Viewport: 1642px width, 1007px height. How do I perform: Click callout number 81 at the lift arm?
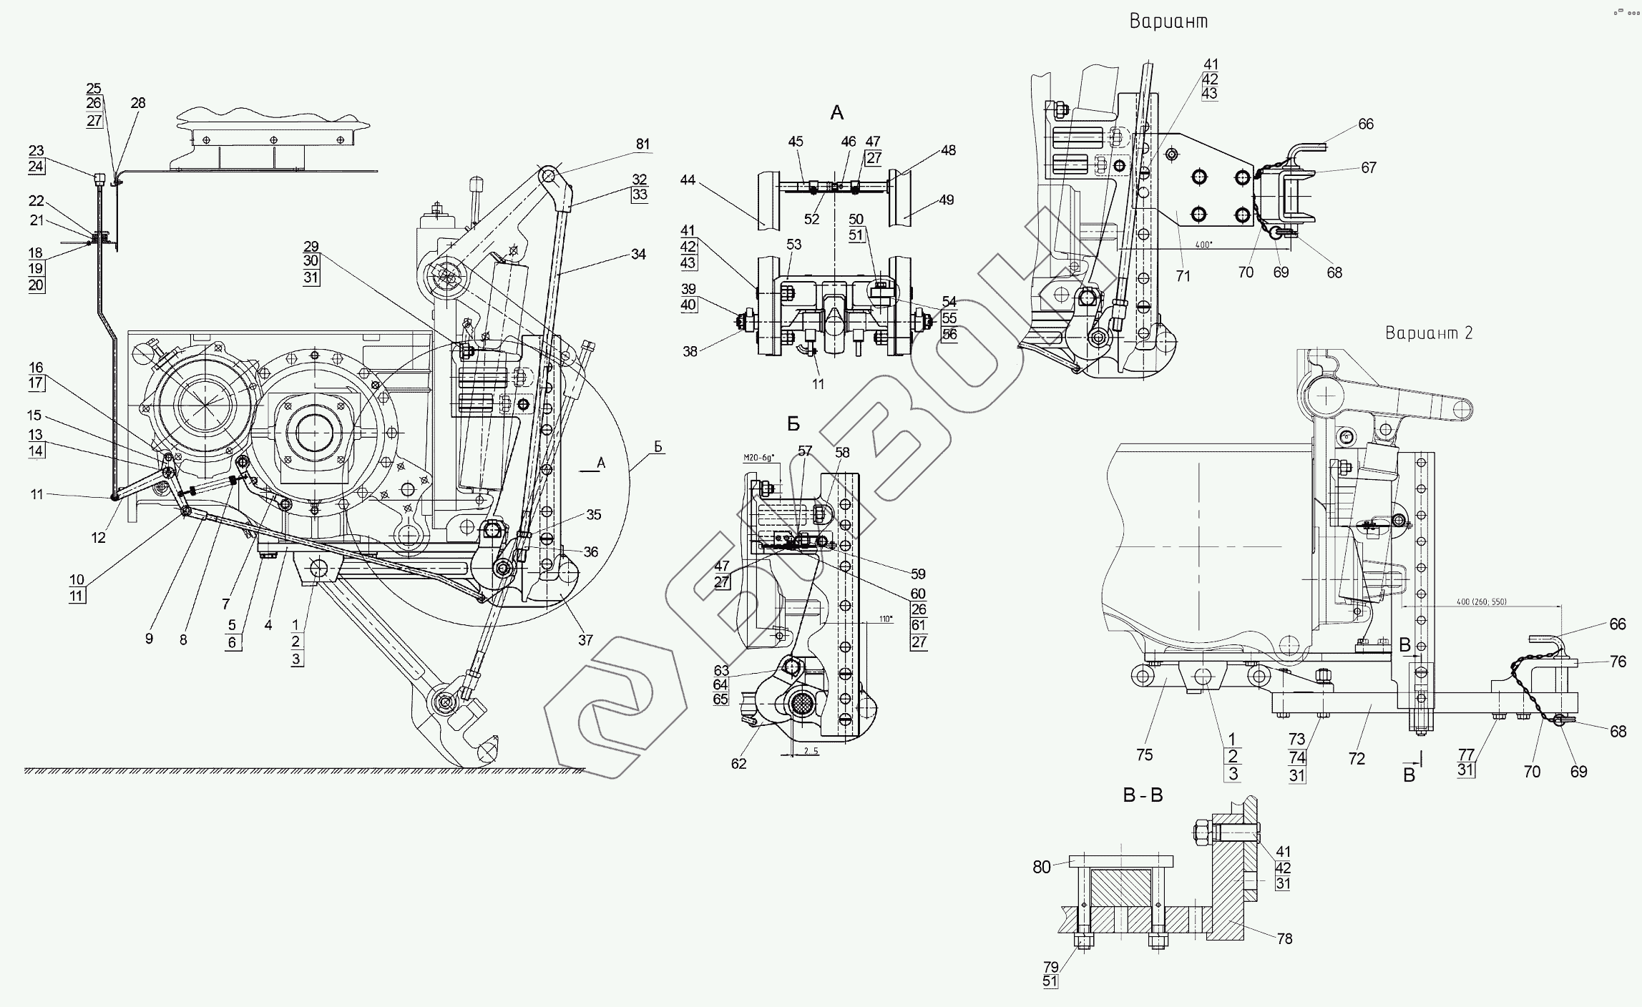pyautogui.click(x=642, y=144)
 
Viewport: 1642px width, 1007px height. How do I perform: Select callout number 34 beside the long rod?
pyautogui.click(x=638, y=254)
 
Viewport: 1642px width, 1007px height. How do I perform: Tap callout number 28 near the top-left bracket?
pyautogui.click(x=138, y=103)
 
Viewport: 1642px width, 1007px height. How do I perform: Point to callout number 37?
pyautogui.click(x=585, y=640)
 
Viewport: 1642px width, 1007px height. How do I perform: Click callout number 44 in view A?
pyautogui.click(x=688, y=180)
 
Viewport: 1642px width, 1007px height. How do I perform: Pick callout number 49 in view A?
pyautogui.click(x=947, y=200)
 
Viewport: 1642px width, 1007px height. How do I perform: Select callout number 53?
pyautogui.click(x=793, y=245)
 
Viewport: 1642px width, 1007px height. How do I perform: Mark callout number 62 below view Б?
pyautogui.click(x=738, y=764)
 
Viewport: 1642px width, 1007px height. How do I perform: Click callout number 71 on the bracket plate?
pyautogui.click(x=1183, y=275)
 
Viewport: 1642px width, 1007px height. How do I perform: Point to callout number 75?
pyautogui.click(x=1144, y=755)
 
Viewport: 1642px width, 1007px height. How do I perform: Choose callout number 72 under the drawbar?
pyautogui.click(x=1357, y=759)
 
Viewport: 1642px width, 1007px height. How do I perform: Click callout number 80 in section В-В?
pyautogui.click(x=1042, y=868)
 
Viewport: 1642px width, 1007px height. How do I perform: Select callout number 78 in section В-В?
pyautogui.click(x=1285, y=938)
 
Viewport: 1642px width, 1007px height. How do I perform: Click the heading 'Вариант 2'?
pyautogui.click(x=1429, y=333)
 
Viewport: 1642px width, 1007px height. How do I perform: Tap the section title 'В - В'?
pyautogui.click(x=1143, y=795)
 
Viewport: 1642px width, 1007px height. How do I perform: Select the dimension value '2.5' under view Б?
pyautogui.click(x=810, y=752)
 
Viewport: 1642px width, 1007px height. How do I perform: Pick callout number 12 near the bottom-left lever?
pyautogui.click(x=99, y=538)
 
